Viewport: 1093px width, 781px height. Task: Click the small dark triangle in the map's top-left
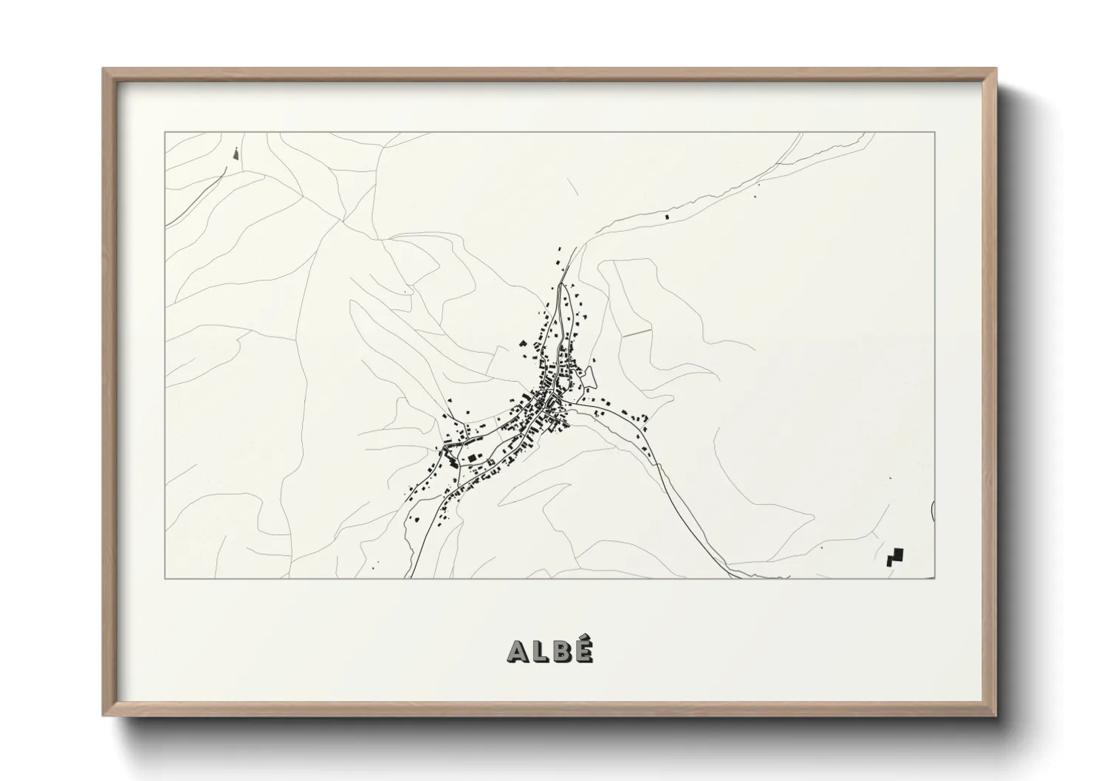pyautogui.click(x=236, y=154)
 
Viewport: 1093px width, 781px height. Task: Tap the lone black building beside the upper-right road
pyautogui.click(x=668, y=217)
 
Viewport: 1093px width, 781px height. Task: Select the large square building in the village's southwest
pyautogui.click(x=472, y=458)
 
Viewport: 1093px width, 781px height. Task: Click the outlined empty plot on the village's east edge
pyautogui.click(x=589, y=381)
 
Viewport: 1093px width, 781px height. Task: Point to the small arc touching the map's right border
pyautogui.click(x=933, y=509)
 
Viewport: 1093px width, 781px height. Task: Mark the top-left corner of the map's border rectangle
pyautogui.click(x=165, y=132)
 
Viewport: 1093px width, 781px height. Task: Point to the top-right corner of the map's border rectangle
pyautogui.click(x=935, y=132)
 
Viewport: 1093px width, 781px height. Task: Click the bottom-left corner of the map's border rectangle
pyautogui.click(x=165, y=579)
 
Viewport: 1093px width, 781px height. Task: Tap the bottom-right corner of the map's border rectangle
pyautogui.click(x=935, y=579)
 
